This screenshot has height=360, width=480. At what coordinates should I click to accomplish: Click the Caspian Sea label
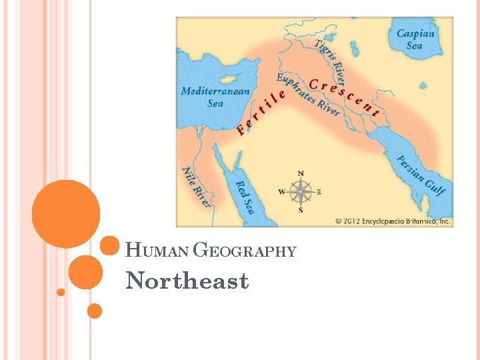[x=415, y=39]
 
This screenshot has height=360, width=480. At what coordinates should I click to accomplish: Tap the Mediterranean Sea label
[x=215, y=97]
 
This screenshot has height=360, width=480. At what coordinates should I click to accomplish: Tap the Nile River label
[x=197, y=187]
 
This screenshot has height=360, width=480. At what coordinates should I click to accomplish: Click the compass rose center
[x=300, y=192]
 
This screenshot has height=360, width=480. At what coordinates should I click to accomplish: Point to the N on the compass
[x=300, y=174]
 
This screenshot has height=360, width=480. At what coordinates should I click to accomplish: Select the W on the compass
[x=281, y=192]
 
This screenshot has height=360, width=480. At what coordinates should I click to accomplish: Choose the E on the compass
[x=319, y=192]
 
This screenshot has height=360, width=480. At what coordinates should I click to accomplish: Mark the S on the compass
[x=300, y=210]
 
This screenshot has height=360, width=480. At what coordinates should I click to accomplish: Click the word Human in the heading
[x=157, y=251]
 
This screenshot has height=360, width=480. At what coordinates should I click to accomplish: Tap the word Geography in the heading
[x=244, y=251]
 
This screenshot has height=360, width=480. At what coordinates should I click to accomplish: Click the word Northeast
[x=187, y=281]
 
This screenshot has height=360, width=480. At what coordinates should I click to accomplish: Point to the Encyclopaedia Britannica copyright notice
[x=393, y=221]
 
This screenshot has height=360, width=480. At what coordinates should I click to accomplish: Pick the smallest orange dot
[x=61, y=292]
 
